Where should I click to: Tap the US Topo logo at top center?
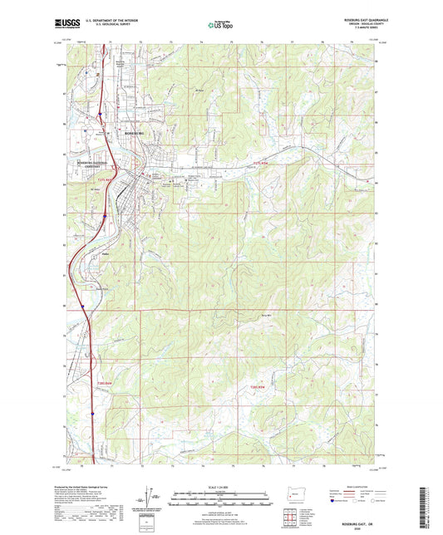[x=219, y=26]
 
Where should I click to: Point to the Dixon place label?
[x=106, y=254]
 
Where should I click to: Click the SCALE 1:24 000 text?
[x=221, y=487]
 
